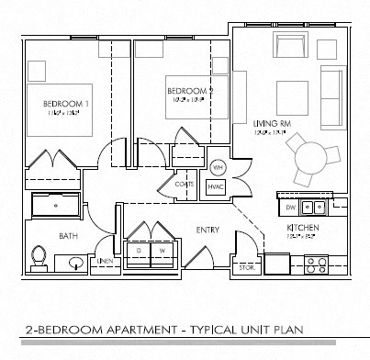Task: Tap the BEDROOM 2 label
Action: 189,91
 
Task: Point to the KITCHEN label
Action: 302,225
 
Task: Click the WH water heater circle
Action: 218,168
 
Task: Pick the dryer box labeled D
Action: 139,250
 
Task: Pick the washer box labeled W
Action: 162,250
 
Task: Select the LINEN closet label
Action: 106,263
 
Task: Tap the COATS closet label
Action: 185,185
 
